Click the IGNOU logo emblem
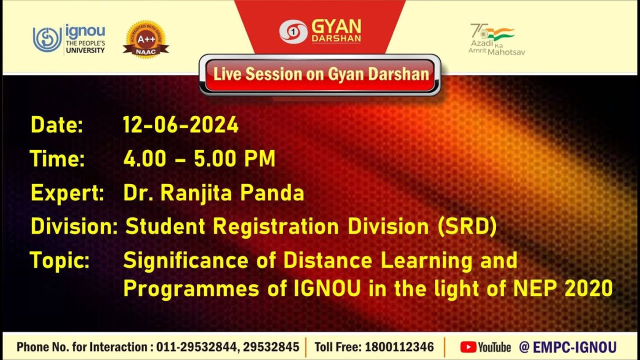click(47, 39)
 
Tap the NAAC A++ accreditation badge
click(145, 38)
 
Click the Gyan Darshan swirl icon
click(293, 31)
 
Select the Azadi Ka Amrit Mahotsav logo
click(496, 39)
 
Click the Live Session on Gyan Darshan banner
click(320, 75)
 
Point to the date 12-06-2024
click(181, 125)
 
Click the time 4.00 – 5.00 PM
click(199, 159)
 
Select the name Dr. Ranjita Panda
click(213, 193)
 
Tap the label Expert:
click(67, 193)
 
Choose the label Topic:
click(59, 260)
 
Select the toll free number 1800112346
click(399, 346)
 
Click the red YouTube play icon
click(468, 346)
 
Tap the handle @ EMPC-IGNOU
click(567, 346)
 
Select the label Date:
click(56, 125)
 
